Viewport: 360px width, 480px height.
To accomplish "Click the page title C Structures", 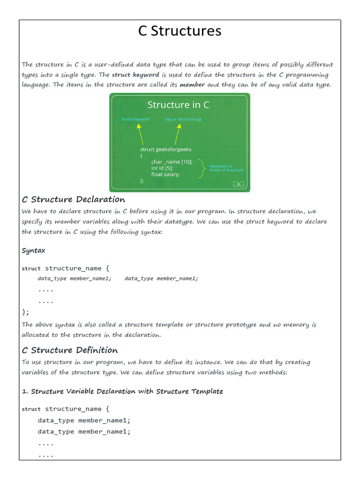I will point(180,31).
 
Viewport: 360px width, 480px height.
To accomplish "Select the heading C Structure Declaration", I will point(74,199).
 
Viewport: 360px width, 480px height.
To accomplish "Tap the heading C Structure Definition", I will point(70,350).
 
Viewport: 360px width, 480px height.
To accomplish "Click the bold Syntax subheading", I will point(33,250).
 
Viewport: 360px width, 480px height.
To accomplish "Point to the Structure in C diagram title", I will point(178,105).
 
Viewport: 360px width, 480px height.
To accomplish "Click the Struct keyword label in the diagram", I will point(135,119).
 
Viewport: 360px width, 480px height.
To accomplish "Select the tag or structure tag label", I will point(183,119).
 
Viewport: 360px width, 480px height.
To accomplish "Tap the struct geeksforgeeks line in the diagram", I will point(165,149).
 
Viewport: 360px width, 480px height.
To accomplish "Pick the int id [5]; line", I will point(162,168).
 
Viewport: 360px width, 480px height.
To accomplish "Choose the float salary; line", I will point(165,174).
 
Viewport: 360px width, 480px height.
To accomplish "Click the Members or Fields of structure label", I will point(226,168).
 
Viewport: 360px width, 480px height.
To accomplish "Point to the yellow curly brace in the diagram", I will point(202,168).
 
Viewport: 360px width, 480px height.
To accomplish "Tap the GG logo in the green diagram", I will point(239,184).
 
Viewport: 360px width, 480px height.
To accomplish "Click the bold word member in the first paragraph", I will point(192,85).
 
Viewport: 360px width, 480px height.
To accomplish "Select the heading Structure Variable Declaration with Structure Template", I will point(127,391).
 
